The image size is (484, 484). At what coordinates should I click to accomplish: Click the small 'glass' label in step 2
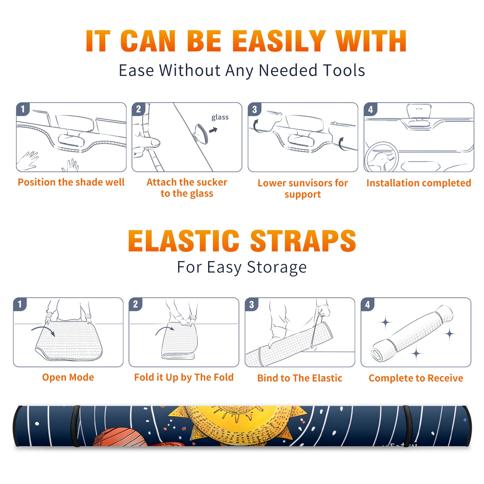pyautogui.click(x=220, y=117)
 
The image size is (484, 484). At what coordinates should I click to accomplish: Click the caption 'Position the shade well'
pyautogui.click(x=71, y=182)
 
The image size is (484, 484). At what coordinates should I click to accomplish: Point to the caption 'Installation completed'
pyautogui.click(x=419, y=183)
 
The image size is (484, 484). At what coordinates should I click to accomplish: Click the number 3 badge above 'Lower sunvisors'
pyautogui.click(x=254, y=110)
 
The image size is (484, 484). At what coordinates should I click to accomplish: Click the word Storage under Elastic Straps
pyautogui.click(x=277, y=267)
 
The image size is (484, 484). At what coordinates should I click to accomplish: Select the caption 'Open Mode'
pyautogui.click(x=68, y=377)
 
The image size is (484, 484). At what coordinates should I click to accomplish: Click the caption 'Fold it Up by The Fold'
pyautogui.click(x=184, y=377)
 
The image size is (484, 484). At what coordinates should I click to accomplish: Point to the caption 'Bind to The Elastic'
pyautogui.click(x=300, y=378)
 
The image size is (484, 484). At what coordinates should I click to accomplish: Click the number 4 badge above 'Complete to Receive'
pyautogui.click(x=368, y=305)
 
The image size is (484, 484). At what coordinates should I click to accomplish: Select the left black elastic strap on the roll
pyautogui.click(x=76, y=426)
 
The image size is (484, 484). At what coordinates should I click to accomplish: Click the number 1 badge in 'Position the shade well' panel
pyautogui.click(x=23, y=109)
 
